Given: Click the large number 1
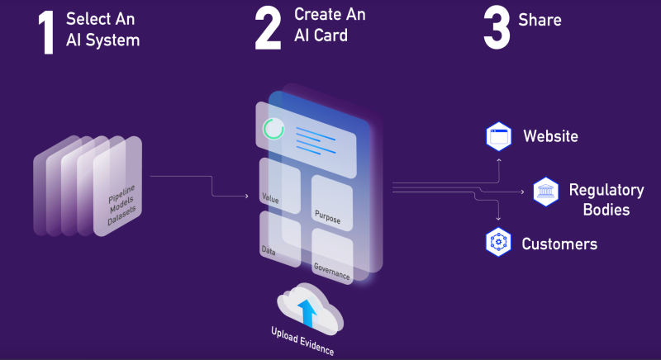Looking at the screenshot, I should click(48, 33).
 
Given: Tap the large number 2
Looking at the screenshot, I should click(269, 31).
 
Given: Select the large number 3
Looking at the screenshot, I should click(497, 31).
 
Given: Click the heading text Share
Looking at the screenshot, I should click(540, 20).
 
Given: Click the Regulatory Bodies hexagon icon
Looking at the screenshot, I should click(546, 192).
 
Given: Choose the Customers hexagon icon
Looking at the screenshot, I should click(499, 243).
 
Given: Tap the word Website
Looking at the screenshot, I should click(550, 136).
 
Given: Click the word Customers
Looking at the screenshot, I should click(559, 244).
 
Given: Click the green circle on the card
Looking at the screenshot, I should click(273, 130).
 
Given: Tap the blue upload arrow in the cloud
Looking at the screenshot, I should click(307, 312).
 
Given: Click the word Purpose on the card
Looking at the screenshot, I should click(327, 216).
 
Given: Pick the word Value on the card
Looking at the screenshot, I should click(269, 198).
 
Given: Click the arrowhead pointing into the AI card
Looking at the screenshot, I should click(246, 197).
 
